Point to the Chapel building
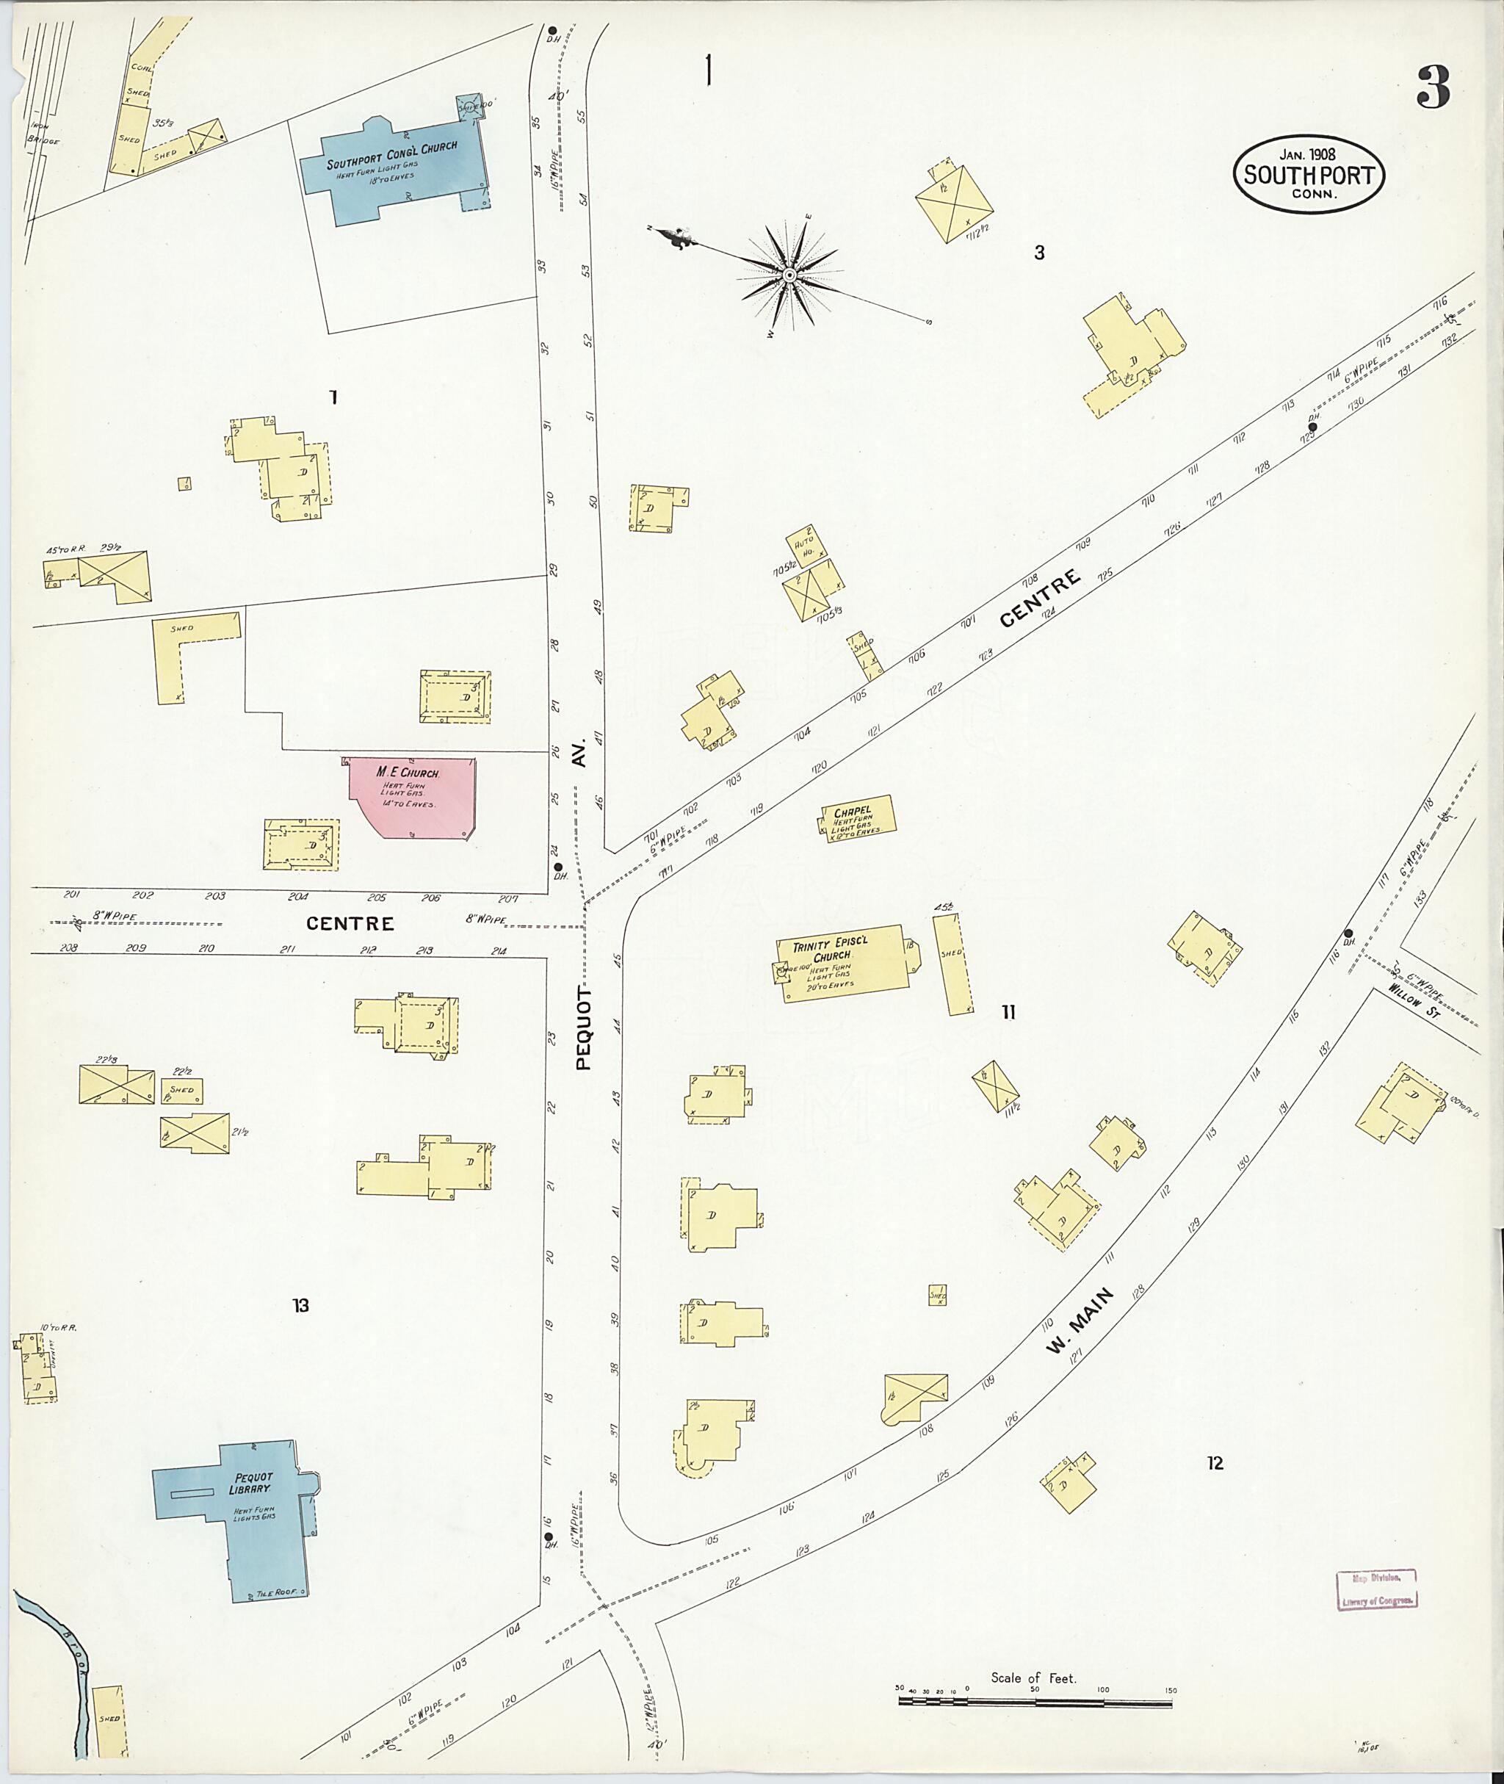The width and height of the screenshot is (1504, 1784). [857, 819]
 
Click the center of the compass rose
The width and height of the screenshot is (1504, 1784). [789, 275]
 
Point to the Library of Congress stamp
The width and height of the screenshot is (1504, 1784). [1376, 1589]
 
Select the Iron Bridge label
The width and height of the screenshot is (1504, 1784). [43, 134]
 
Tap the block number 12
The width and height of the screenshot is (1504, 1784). [1214, 1463]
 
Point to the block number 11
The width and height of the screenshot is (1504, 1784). [1008, 1013]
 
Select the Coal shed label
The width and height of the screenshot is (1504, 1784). [141, 67]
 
